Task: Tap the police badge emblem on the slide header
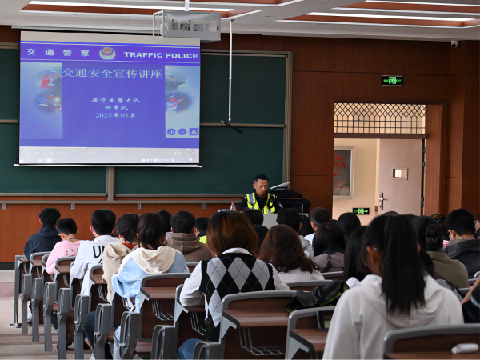[106, 53]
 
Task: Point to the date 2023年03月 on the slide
[115, 115]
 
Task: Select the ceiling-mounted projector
[188, 26]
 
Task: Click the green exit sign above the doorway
[392, 80]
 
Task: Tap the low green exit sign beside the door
[361, 211]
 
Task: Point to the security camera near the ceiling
[454, 44]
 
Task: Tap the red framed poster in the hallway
[342, 172]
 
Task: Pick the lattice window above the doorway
[379, 118]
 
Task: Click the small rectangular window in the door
[400, 173]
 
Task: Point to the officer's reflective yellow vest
[260, 202]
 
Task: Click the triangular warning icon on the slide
[194, 132]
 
